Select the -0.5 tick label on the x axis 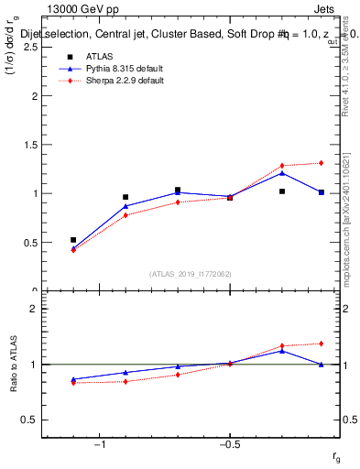229,445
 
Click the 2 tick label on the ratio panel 32,310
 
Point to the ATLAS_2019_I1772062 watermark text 190,273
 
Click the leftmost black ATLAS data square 73,240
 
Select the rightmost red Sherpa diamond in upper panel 322,163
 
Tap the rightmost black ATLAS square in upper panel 322,192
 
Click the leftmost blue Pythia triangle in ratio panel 73,378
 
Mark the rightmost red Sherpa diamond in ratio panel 322,344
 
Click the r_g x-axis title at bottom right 337,455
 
